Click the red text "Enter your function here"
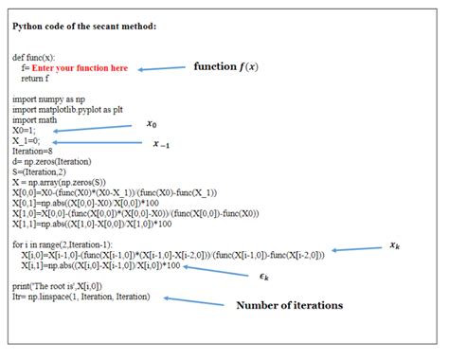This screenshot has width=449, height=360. [x=80, y=69]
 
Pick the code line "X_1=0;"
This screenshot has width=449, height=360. [x=28, y=141]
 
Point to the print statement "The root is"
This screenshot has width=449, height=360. [x=57, y=286]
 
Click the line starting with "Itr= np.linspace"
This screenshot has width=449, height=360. [x=75, y=297]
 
